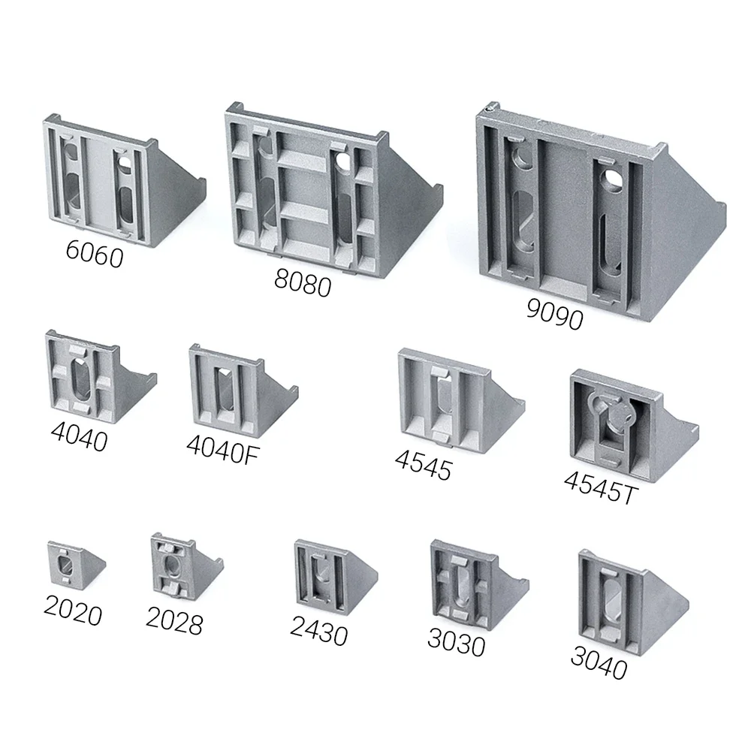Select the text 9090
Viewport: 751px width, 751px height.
[553, 315]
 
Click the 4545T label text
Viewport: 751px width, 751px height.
[599, 487]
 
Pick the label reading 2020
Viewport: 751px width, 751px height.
[72, 613]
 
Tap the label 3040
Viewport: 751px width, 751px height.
[598, 662]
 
